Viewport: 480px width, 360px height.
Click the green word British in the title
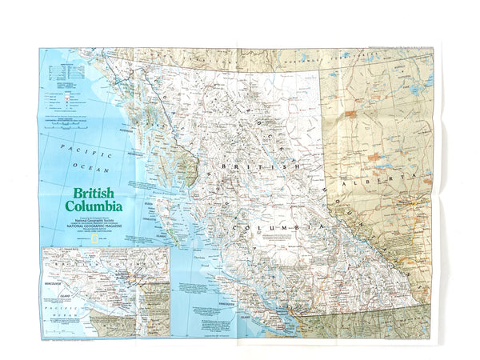coord(90,194)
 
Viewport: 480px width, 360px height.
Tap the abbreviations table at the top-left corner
coord(60,68)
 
